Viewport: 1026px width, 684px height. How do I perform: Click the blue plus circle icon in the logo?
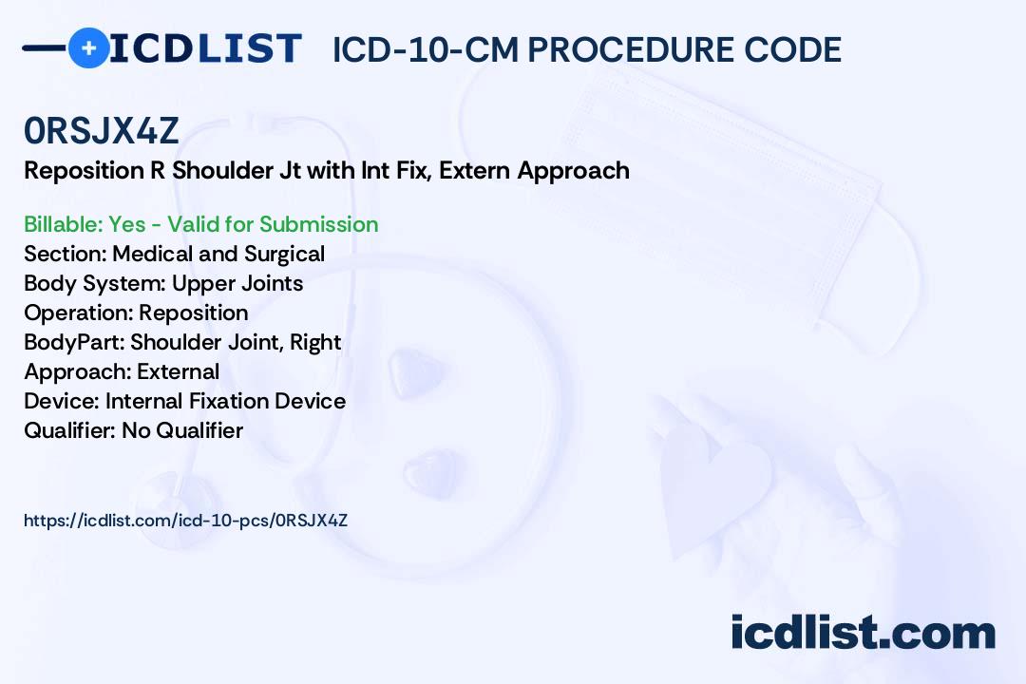88,47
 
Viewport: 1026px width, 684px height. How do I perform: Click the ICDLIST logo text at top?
205,48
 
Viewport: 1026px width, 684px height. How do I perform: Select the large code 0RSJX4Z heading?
102,130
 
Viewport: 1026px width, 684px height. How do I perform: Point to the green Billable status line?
200,224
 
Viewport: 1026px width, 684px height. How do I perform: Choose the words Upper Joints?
237,283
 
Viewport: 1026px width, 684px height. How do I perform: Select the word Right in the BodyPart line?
315,342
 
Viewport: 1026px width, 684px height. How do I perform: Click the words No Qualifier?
182,430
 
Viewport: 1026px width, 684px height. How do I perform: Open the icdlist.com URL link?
186,521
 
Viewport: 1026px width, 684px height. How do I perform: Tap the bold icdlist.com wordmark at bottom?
863,633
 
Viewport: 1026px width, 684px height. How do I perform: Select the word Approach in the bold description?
573,171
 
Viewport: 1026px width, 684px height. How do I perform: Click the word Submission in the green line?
318,224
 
